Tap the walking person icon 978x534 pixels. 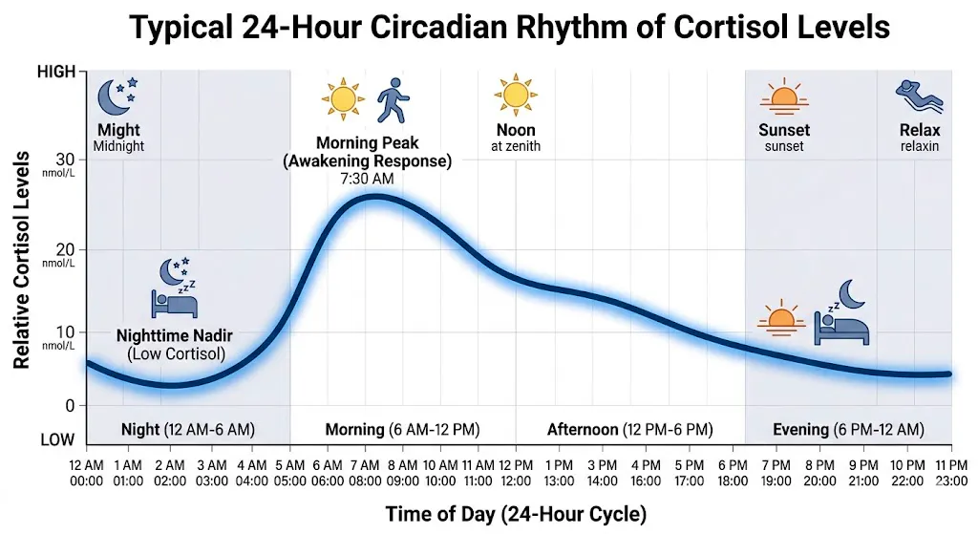tap(391, 99)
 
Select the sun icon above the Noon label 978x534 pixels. tap(515, 96)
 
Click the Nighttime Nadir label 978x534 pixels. tap(175, 336)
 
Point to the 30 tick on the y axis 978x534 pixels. tap(65, 160)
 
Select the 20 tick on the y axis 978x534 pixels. tap(65, 246)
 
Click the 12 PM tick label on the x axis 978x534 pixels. tap(517, 471)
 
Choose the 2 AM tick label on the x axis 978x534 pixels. tap(170, 471)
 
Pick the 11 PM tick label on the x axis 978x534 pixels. tap(950, 471)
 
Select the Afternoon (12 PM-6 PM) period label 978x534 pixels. tap(629, 430)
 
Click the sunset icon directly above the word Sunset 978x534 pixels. tap(784, 98)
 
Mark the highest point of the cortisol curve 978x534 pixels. tap(374, 197)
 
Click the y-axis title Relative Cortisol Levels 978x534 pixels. tap(22, 260)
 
